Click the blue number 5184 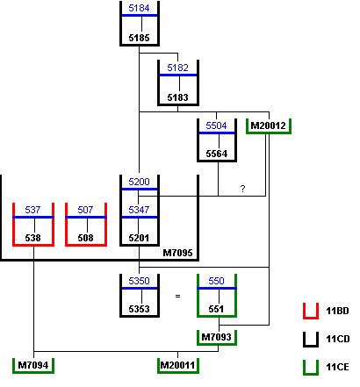click(139, 8)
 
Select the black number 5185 click(139, 38)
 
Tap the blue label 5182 click(177, 68)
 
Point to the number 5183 click(177, 97)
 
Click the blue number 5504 click(216, 125)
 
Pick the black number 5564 click(216, 154)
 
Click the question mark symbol click(242, 189)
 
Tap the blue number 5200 click(139, 182)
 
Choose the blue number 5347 click(139, 210)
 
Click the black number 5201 click(139, 238)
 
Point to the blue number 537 click(32, 210)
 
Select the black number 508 click(85, 238)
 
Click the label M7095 click(177, 253)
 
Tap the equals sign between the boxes click(177, 296)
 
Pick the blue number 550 click(216, 281)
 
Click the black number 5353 click(139, 309)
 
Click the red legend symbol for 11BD click(311, 318)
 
